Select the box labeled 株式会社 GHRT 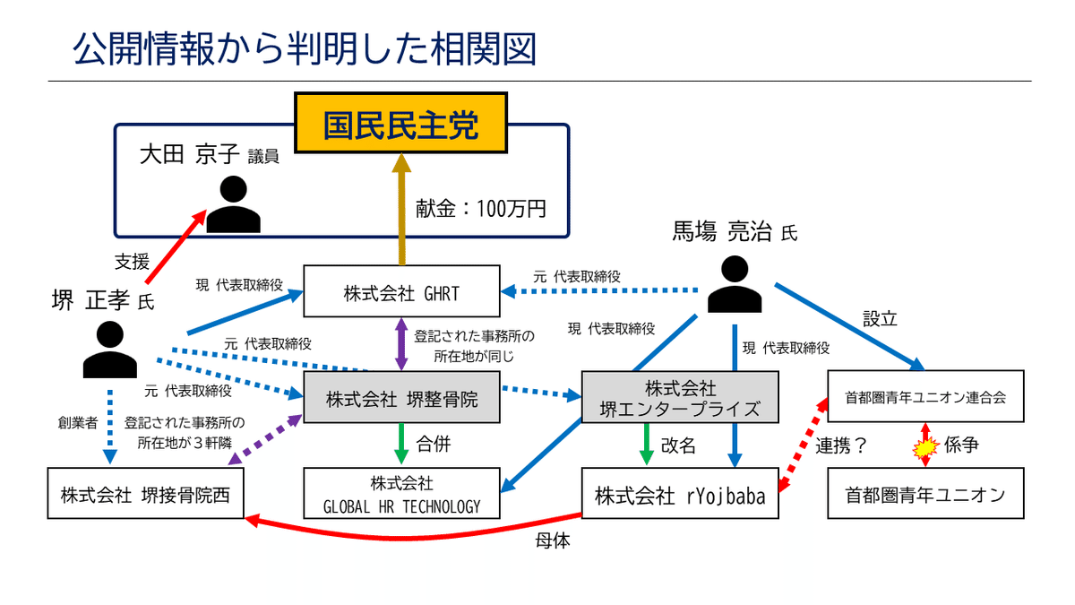(400, 290)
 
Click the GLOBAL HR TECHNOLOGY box (400, 493)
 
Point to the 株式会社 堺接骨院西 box (145, 493)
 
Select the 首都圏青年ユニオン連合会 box (924, 397)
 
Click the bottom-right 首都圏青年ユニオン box (924, 493)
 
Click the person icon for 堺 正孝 (109, 349)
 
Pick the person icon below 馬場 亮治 (735, 285)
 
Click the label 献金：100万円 (480, 208)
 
